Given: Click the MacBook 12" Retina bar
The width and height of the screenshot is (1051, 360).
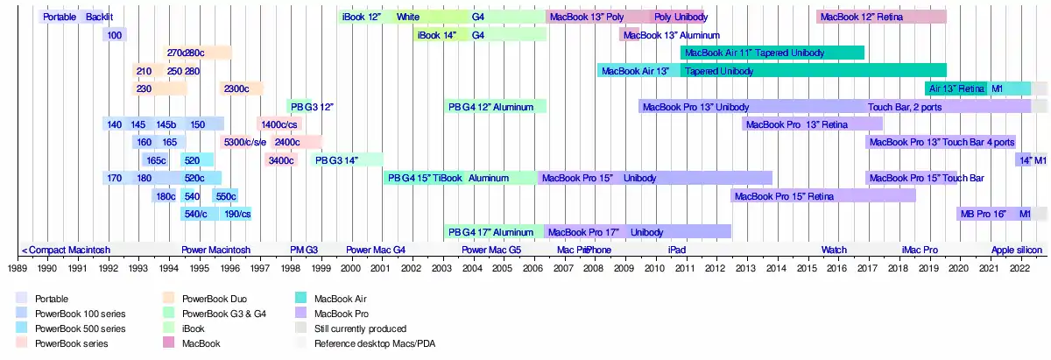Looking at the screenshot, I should tap(881, 17).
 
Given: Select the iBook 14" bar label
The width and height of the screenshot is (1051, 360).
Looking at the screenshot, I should tap(436, 35).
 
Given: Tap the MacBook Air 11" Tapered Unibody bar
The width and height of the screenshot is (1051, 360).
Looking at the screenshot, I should tap(772, 53).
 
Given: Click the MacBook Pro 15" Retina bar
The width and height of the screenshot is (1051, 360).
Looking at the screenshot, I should tap(823, 196).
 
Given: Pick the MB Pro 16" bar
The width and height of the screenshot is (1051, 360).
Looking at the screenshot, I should tap(983, 214).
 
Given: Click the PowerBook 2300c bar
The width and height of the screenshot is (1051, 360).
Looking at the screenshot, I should tap(242, 88).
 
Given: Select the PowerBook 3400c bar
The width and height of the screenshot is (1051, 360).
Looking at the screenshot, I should tap(280, 160).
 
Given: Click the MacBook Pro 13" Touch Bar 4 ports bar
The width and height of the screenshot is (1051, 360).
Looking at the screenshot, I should tap(942, 142).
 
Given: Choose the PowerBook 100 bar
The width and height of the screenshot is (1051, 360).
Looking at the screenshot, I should tap(115, 35).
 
